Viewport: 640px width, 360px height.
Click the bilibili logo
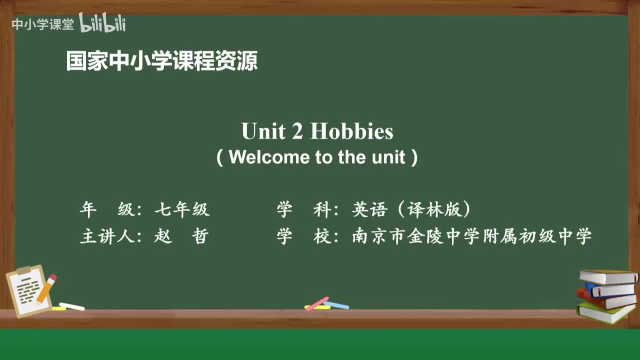click(x=102, y=23)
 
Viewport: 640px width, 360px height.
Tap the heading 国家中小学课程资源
click(x=161, y=61)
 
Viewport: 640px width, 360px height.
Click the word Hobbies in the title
click(x=351, y=131)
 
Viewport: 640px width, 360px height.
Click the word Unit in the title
click(x=264, y=131)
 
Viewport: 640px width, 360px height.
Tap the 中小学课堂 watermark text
click(x=43, y=24)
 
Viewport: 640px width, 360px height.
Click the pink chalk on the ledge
click(x=317, y=303)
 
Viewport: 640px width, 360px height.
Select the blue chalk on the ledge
click(x=336, y=305)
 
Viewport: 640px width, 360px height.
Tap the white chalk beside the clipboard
click(x=72, y=306)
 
